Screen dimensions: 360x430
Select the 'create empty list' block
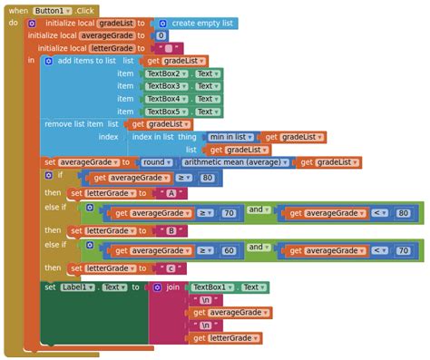(203, 23)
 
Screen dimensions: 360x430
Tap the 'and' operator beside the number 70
(258, 209)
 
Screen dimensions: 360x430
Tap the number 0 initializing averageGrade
(161, 35)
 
